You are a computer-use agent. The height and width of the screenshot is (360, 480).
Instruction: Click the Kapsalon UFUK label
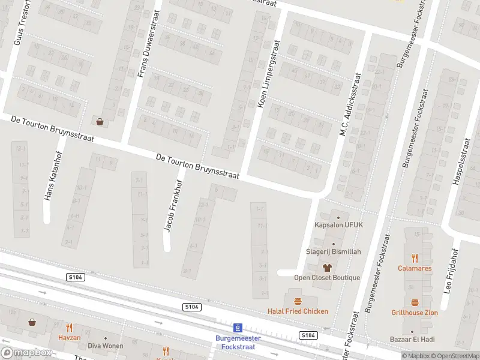click(339, 225)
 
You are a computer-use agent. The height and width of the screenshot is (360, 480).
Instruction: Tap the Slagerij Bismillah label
click(334, 252)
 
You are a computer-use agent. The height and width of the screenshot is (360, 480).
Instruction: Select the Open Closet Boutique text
click(327, 277)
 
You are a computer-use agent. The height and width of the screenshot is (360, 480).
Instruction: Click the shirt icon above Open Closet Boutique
click(327, 268)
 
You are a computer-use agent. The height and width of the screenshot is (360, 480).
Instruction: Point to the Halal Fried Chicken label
click(298, 311)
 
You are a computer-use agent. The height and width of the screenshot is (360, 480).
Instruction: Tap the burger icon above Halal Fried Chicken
click(298, 301)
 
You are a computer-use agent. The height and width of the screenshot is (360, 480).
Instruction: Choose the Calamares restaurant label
click(415, 268)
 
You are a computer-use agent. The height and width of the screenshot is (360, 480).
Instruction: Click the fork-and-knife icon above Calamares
click(415, 258)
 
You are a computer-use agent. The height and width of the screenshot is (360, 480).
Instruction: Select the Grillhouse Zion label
click(415, 313)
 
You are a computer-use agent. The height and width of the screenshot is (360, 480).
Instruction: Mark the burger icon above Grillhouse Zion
click(415, 302)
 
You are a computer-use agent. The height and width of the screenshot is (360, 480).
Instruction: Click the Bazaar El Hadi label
click(412, 340)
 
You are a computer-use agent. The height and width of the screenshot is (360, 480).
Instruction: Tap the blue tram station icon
click(238, 328)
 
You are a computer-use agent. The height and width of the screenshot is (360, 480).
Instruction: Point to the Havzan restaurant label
click(69, 337)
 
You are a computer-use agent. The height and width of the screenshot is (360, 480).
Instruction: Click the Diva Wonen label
click(105, 346)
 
